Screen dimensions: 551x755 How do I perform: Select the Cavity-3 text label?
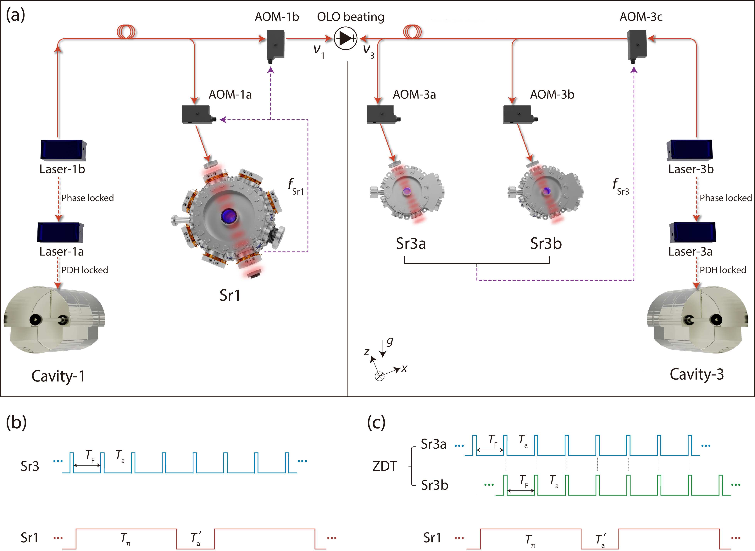pos(697,374)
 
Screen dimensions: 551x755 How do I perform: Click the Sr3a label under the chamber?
pos(411,243)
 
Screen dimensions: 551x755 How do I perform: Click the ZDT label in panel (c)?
pos(385,466)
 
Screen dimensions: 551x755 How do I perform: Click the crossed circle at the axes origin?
pos(380,376)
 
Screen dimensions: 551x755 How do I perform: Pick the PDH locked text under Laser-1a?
pos(85,270)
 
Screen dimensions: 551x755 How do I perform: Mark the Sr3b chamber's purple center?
pos(546,191)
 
